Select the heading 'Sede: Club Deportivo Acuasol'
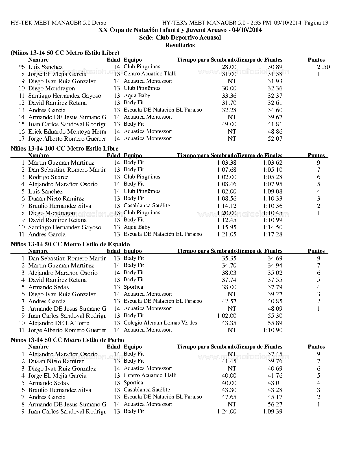[x=180, y=38]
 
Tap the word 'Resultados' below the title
[x=180, y=45]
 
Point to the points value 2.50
[x=323, y=67]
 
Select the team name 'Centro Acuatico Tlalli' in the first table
[x=150, y=74]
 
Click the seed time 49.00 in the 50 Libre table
[x=229, y=124]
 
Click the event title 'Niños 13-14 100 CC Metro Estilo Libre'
[x=64, y=149]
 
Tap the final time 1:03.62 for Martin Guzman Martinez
[x=272, y=163]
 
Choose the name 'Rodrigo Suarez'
[x=48, y=177]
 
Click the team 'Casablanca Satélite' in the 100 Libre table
[x=147, y=206]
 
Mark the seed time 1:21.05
[x=227, y=234]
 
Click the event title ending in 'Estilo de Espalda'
[x=70, y=244]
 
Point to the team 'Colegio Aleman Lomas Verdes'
[x=160, y=323]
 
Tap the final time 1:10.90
[x=272, y=330]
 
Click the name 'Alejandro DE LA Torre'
[x=59, y=323]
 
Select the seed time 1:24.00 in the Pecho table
[x=227, y=411]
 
